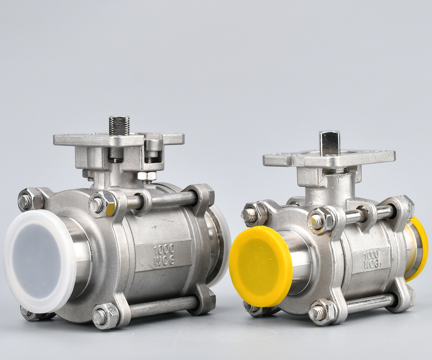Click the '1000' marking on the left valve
(164, 249)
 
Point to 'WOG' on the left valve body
(165, 261)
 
